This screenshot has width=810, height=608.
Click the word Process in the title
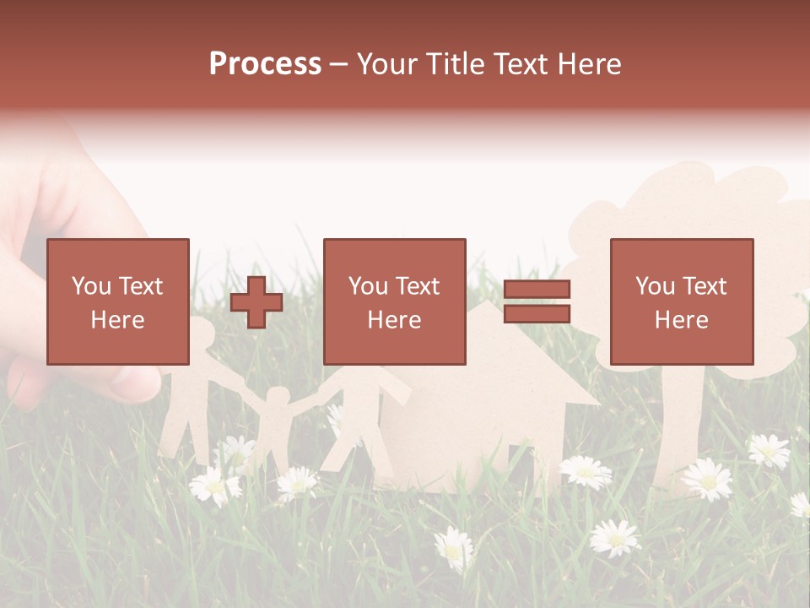click(x=265, y=63)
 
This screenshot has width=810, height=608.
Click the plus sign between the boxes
click(x=256, y=302)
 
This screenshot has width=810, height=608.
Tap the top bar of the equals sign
click(x=537, y=290)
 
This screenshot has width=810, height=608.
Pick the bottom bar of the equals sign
click(x=537, y=314)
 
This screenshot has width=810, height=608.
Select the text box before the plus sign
click(x=117, y=301)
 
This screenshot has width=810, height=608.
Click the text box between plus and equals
click(x=394, y=301)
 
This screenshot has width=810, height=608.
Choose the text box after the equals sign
click(x=681, y=301)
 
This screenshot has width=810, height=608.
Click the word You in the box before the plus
click(x=91, y=286)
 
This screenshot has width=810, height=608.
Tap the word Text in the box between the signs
click(x=417, y=286)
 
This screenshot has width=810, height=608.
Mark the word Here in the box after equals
click(x=681, y=319)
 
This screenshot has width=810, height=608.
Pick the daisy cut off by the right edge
click(x=801, y=504)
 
